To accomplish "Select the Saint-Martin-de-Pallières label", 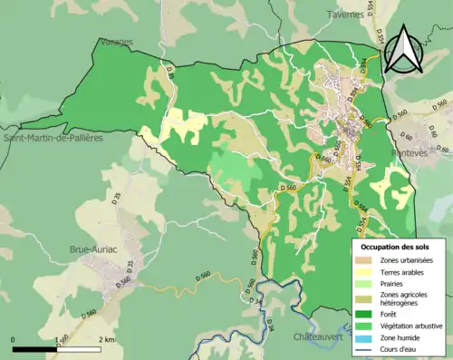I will [54, 139].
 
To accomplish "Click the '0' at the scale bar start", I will [13, 340].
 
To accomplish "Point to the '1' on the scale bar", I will [57, 340].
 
